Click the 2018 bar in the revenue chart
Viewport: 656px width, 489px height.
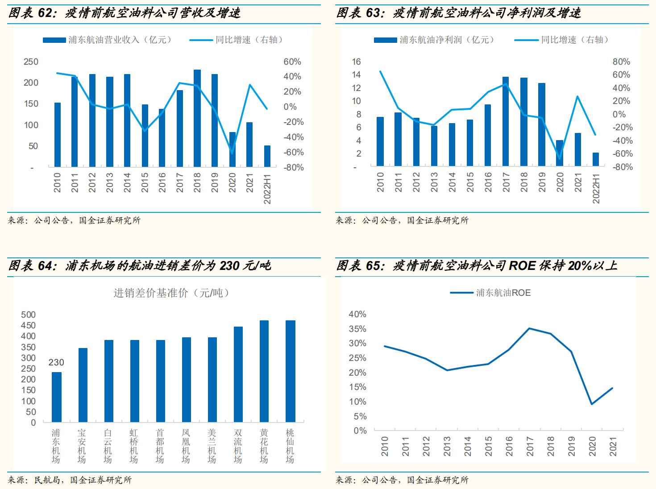pyautogui.click(x=197, y=118)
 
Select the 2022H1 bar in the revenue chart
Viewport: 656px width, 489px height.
pyautogui.click(x=267, y=156)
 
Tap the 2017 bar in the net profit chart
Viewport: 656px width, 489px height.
pyautogui.click(x=506, y=121)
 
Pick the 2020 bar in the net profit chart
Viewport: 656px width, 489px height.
pyautogui.click(x=560, y=153)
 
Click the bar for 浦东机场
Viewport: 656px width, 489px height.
pyautogui.click(x=57, y=397)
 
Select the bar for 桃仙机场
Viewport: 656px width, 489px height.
pyautogui.click(x=291, y=371)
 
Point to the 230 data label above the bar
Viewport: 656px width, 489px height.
pyautogui.click(x=56, y=363)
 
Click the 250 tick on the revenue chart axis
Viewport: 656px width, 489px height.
pyautogui.click(x=31, y=62)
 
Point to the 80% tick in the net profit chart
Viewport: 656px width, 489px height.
pyautogui.click(x=621, y=62)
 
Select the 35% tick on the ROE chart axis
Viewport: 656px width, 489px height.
pyautogui.click(x=357, y=329)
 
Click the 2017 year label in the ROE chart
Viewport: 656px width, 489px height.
pyautogui.click(x=530, y=446)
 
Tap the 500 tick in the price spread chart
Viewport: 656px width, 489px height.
pyautogui.click(x=28, y=315)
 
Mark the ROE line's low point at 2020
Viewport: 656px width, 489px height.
pyautogui.click(x=592, y=404)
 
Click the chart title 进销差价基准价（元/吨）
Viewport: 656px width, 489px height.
pyautogui.click(x=171, y=293)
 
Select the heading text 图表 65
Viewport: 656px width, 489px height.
pyautogui.click(x=357, y=266)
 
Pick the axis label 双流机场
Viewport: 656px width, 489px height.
pyautogui.click(x=238, y=446)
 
